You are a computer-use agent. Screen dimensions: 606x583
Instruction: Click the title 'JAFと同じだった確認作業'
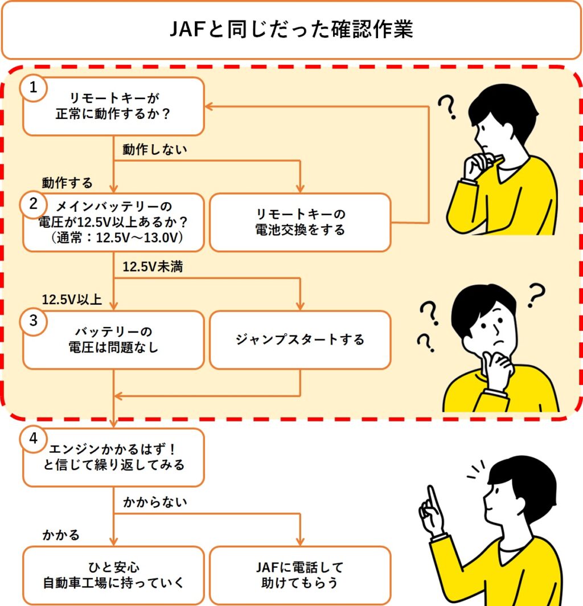click(x=291, y=30)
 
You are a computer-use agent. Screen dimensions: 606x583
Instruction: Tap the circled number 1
click(x=34, y=88)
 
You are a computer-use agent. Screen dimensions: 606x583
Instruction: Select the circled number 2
click(x=34, y=203)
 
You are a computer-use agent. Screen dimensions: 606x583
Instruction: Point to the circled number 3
click(x=34, y=321)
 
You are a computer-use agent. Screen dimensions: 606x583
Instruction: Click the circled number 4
click(x=34, y=439)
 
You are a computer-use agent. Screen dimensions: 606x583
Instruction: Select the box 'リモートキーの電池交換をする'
click(x=300, y=222)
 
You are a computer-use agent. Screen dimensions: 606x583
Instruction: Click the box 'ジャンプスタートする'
click(x=300, y=340)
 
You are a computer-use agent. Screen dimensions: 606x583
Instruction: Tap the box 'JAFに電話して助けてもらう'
click(x=300, y=575)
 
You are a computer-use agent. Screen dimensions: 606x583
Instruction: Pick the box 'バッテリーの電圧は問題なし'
click(x=113, y=340)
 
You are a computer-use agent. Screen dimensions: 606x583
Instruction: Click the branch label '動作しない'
click(x=155, y=149)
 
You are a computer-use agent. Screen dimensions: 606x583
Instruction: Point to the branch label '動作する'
click(x=67, y=183)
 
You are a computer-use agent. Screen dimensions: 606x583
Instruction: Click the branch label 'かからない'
click(x=155, y=502)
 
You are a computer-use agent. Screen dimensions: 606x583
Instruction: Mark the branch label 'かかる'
click(x=61, y=535)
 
